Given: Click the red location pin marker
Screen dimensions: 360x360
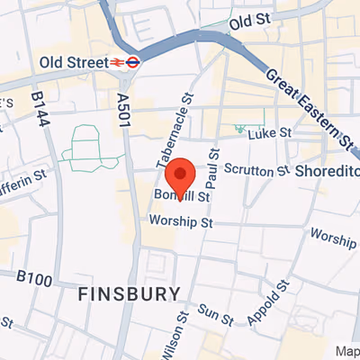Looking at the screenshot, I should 183,175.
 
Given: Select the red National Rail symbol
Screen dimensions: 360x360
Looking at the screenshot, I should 115,62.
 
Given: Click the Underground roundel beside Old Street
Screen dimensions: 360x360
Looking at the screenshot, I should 132,62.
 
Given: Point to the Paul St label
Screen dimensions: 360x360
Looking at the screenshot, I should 213,168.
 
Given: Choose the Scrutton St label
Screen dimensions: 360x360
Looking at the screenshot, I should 255,170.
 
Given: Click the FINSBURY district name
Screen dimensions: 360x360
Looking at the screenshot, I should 129,293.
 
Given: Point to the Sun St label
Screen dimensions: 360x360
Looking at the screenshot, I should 215,314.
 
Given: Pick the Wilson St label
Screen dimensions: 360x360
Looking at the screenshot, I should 175,336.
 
